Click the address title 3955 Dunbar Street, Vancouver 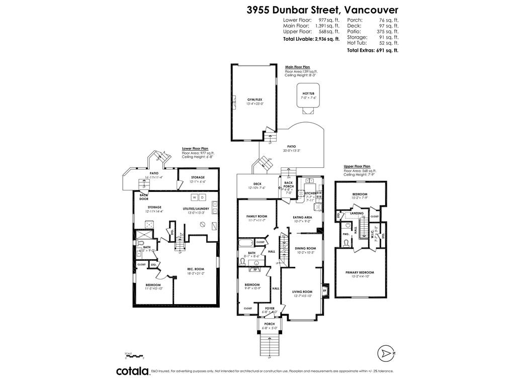coord(322,10)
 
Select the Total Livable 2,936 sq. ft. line coord(311,39)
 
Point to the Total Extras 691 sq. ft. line coord(372,50)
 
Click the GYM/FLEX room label coord(255,100)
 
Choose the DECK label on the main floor coord(257,184)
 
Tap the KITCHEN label coord(310,194)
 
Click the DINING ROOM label coord(305,248)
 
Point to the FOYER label coord(270,308)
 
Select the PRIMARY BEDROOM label coord(360,272)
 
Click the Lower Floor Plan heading coord(195,149)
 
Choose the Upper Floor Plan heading coord(357,166)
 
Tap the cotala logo coord(132,371)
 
